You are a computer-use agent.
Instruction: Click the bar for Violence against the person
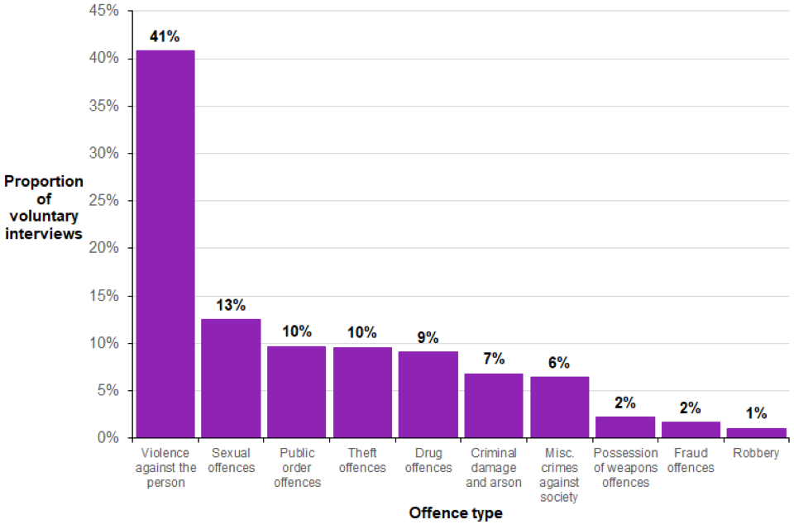click(x=165, y=244)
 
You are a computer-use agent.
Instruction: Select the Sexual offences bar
click(x=231, y=378)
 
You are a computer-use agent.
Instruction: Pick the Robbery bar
click(x=756, y=432)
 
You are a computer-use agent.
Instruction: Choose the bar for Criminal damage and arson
click(x=494, y=405)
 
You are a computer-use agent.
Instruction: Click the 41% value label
click(x=165, y=36)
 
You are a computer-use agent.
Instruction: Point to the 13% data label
click(x=231, y=305)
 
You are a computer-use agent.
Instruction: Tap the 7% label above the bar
click(x=494, y=360)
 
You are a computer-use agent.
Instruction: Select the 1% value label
click(x=756, y=413)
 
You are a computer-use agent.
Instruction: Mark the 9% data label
click(x=428, y=337)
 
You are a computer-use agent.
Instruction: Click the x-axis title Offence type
click(x=455, y=513)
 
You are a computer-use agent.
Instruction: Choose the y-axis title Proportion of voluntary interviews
click(x=44, y=207)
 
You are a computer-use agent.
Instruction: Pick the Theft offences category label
click(x=362, y=460)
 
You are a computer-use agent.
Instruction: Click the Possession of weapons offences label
click(x=625, y=468)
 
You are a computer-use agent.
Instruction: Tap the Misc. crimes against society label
click(x=559, y=475)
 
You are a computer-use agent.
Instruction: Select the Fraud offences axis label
click(x=691, y=460)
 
